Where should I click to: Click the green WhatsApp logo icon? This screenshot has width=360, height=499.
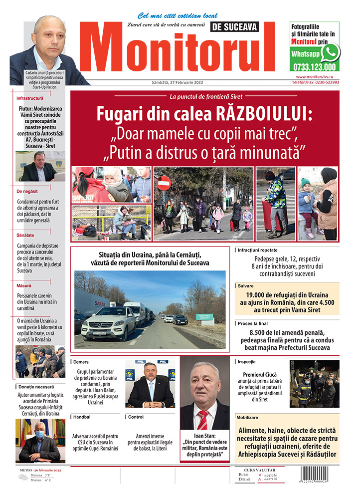coord(330,52)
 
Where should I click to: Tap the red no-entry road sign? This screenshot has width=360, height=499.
coord(164,183)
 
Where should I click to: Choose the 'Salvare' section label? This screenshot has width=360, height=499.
coord(245,286)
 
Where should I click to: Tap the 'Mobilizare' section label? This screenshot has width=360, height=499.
coord(251,417)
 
